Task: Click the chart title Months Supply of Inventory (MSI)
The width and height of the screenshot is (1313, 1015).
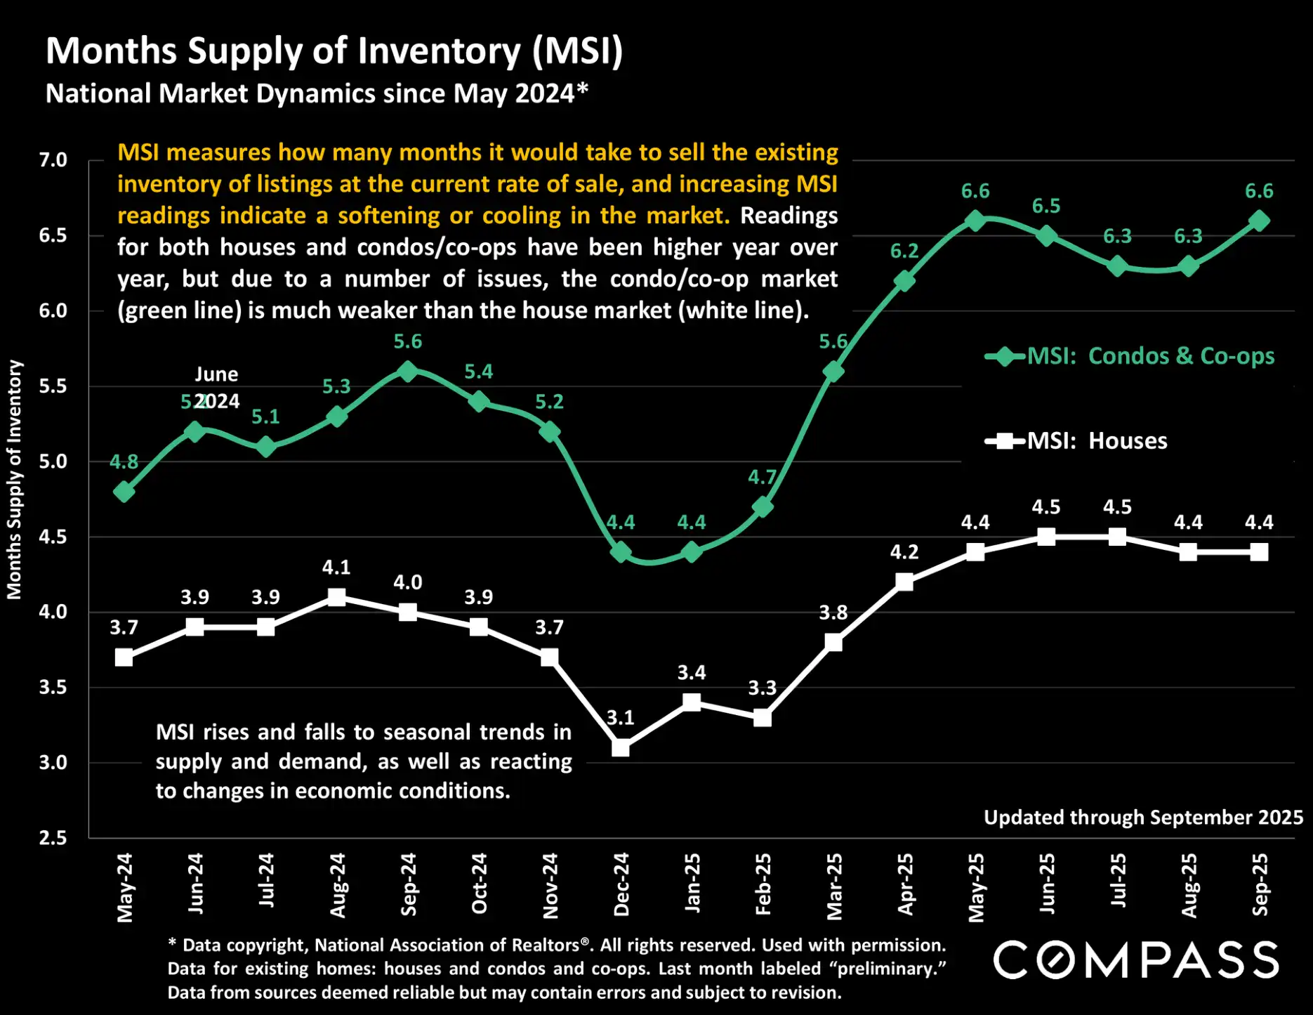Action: (334, 51)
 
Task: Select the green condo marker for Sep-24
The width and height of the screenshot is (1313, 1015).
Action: (408, 372)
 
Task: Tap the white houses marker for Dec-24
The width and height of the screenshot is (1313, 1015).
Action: (621, 747)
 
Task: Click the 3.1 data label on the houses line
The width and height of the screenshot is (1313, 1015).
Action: (621, 717)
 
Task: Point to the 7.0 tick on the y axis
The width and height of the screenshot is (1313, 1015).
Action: (53, 160)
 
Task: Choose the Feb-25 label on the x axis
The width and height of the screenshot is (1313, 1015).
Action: (763, 884)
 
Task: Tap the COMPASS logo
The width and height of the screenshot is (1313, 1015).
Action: (1135, 960)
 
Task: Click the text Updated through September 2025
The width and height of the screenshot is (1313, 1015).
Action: (1143, 818)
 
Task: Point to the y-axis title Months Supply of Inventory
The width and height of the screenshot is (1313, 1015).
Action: (15, 480)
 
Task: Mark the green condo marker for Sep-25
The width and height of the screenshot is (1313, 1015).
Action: (1260, 221)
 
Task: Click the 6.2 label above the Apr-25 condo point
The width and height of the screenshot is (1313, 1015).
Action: (904, 251)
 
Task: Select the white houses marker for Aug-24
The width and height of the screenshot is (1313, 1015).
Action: (337, 597)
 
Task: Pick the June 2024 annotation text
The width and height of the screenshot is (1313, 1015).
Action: (216, 387)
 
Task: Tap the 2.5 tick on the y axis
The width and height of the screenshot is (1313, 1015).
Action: (53, 837)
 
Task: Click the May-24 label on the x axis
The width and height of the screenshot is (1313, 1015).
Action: (125, 887)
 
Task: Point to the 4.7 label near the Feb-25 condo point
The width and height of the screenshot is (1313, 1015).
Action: (762, 478)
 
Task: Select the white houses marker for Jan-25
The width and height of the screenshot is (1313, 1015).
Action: (692, 702)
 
